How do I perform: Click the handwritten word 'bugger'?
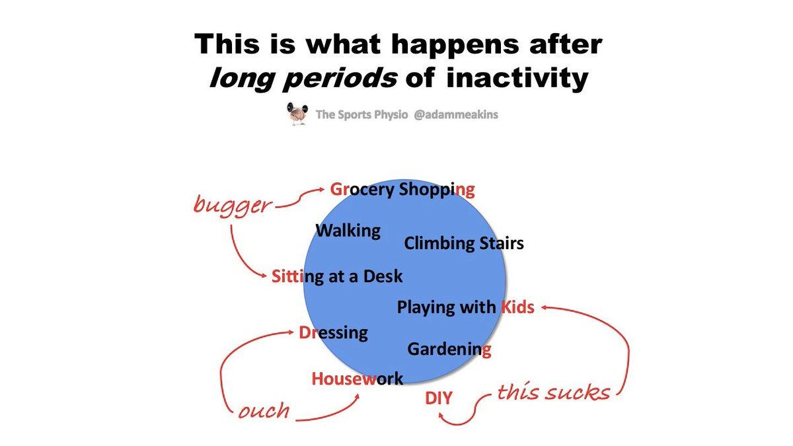[233, 205]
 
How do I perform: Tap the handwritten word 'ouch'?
[264, 410]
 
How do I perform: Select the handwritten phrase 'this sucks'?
[554, 392]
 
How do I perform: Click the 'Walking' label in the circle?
[348, 231]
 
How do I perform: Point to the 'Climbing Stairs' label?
[464, 243]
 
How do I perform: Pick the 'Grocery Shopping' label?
[402, 190]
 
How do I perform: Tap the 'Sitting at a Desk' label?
[337, 276]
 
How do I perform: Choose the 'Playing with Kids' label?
[465, 307]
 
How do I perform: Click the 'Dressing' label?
[333, 333]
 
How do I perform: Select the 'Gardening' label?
[449, 349]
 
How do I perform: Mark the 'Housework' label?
[358, 379]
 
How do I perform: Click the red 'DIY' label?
[439, 398]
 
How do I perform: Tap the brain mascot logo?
[297, 113]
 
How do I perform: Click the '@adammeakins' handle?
[456, 114]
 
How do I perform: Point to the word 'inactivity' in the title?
[517, 77]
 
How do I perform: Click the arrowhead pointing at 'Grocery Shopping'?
[321, 190]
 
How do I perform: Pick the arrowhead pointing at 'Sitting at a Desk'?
[263, 276]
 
